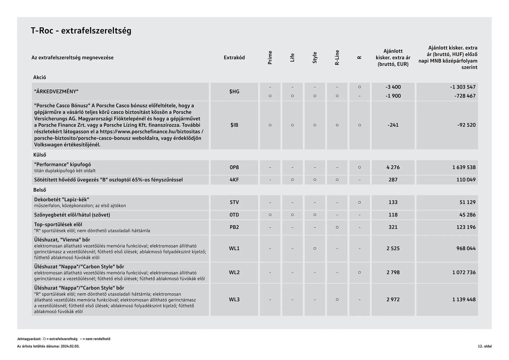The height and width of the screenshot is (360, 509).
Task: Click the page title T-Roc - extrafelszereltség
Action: pos(81,31)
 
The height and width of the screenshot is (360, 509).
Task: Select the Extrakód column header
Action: pos(234,58)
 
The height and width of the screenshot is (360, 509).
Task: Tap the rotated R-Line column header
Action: pos(337,58)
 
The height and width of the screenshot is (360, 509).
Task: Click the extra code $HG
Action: pos(234,91)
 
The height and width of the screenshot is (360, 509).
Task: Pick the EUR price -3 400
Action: pos(393,87)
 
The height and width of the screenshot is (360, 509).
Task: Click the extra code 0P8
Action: pos(234,167)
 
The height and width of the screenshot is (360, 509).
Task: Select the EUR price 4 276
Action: pos(393,167)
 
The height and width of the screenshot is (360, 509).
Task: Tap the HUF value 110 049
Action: pos(466,180)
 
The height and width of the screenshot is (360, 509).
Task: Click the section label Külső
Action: pos(40,155)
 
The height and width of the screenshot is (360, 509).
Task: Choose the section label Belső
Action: pos(40,190)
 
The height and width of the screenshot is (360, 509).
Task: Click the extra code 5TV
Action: pos(234,202)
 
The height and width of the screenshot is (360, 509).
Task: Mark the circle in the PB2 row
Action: pos(337,227)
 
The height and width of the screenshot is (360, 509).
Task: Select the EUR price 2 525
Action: pos(393,248)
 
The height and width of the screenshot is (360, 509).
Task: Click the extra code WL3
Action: pos(234,300)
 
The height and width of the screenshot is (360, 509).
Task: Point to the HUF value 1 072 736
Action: pos(464,272)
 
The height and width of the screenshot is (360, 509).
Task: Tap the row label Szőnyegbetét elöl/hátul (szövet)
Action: pos(72,215)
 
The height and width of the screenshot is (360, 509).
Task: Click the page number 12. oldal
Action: pos(485,346)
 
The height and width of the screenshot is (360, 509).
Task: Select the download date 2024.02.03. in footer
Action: pos(70,346)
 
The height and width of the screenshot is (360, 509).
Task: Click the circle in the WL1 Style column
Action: pos(315,248)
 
